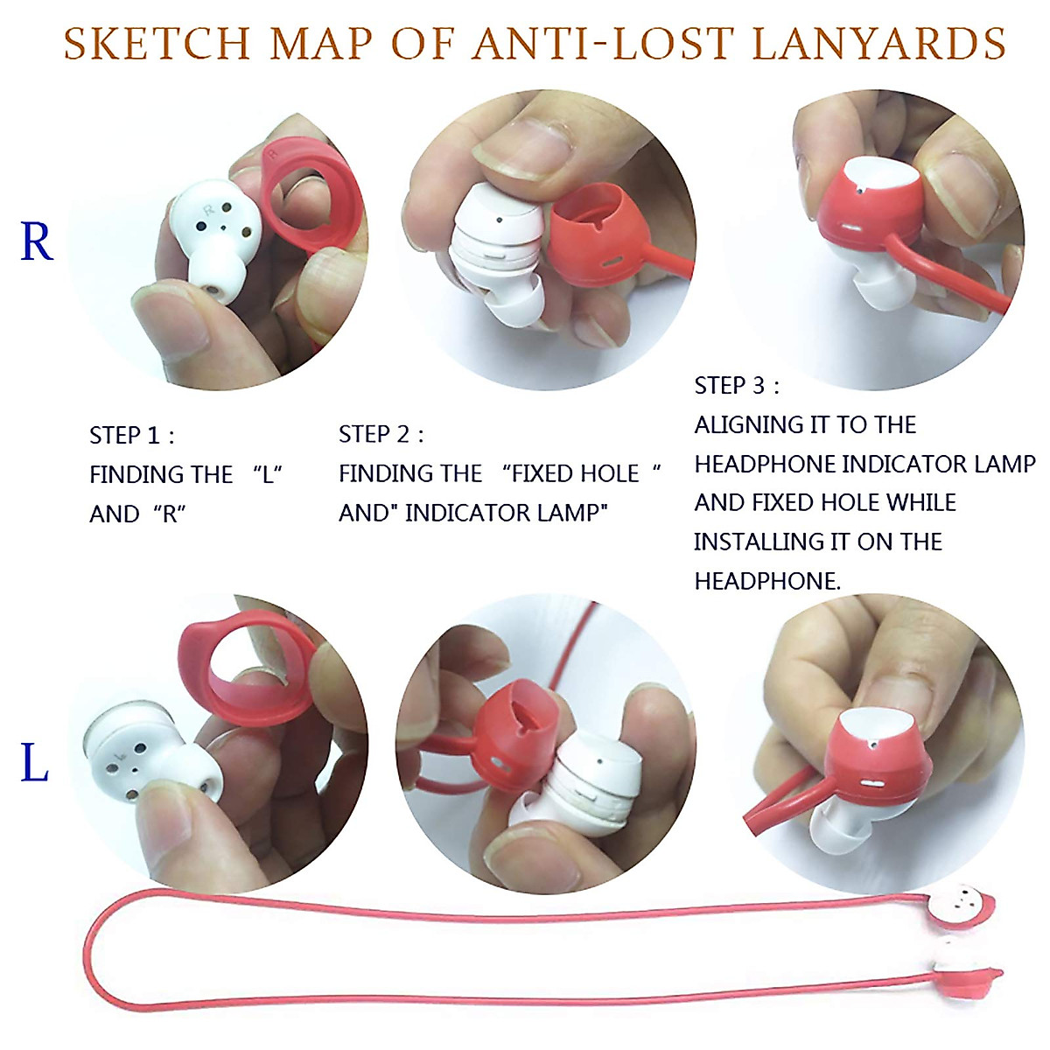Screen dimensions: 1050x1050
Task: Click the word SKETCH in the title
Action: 157,44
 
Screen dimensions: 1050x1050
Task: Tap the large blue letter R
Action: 37,242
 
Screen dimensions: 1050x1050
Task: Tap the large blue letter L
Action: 34,763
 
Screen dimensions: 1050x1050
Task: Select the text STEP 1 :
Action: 132,436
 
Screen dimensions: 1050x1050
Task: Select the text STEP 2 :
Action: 381,435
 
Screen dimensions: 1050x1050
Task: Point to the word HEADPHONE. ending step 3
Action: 767,581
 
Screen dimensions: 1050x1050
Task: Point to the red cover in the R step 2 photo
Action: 595,236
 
